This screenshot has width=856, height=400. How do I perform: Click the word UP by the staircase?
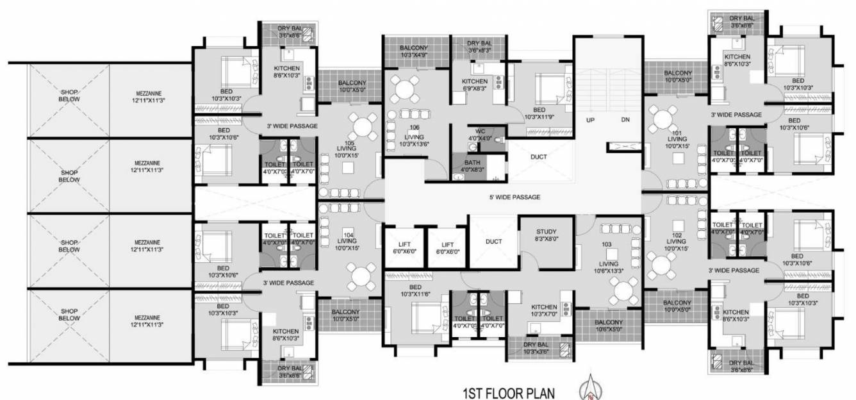click(x=590, y=120)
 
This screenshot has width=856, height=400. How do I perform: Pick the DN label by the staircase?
click(x=625, y=120)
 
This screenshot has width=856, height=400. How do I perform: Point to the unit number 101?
click(x=677, y=133)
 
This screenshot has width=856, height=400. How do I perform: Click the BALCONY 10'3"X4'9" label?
click(x=415, y=52)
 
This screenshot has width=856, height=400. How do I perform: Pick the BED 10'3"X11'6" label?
click(x=415, y=290)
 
